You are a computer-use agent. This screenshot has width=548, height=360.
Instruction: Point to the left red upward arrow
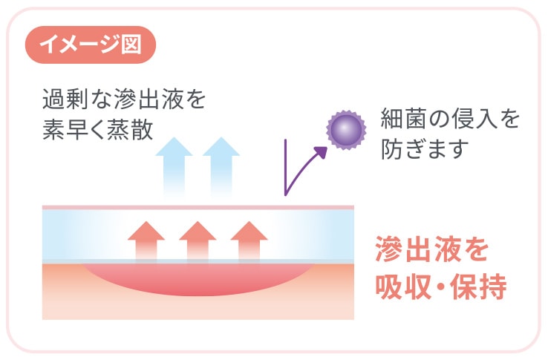click(146, 240)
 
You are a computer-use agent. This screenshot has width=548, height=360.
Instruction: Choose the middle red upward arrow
click(198, 240)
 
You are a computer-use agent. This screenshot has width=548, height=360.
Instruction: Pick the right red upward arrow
click(249, 240)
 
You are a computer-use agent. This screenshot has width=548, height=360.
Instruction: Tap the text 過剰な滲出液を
click(123, 99)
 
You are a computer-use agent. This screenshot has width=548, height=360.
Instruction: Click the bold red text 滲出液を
click(431, 250)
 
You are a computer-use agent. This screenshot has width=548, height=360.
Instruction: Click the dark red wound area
click(198, 278)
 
